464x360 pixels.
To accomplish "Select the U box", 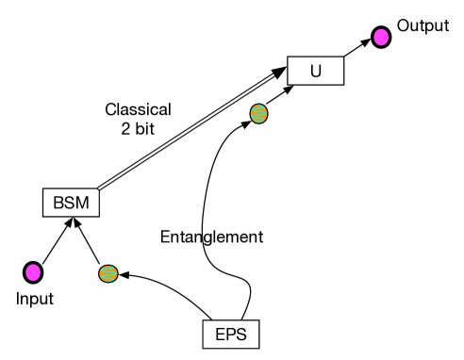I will point(315,70).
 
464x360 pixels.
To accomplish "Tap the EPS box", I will point(230,334).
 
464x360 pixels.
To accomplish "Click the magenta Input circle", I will point(33,273).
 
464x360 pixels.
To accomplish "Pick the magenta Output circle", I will point(380,38).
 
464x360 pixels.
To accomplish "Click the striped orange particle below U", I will point(257,114).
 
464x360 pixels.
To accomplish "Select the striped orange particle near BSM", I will point(108,274).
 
